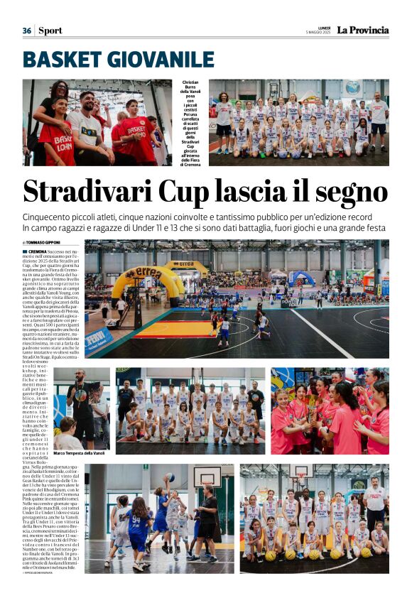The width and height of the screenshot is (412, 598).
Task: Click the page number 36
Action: (27, 31)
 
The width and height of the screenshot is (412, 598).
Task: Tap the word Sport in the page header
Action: (50, 31)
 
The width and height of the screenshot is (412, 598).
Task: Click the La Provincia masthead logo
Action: (362, 30)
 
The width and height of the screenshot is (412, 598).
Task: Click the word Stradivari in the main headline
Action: (92, 191)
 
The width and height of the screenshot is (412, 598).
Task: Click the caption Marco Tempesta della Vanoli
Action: (79, 453)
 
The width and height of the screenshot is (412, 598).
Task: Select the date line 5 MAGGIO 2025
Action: (319, 33)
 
